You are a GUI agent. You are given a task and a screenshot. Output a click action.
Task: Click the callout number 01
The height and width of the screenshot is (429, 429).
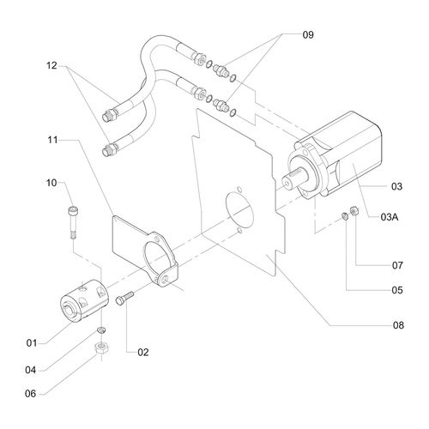tap(32, 342)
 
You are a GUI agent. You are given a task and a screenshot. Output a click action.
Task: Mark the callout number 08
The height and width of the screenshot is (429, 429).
tap(396, 325)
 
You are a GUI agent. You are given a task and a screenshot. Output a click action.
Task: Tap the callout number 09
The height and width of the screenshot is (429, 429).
tap(308, 35)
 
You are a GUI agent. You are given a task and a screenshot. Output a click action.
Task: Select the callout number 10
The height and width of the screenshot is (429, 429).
tap(51, 182)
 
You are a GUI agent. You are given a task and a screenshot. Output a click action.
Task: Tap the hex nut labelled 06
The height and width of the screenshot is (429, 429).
tap(100, 348)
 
